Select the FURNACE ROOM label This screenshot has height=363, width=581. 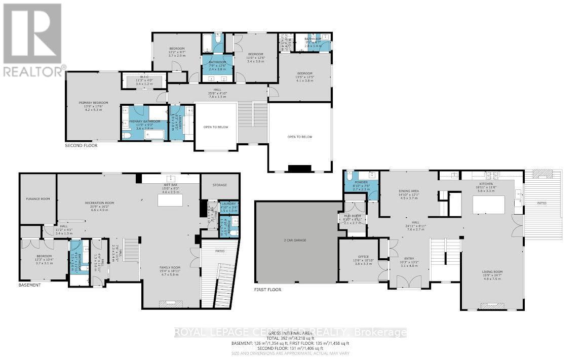click(x=38, y=199)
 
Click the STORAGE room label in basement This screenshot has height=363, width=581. click(x=220, y=185)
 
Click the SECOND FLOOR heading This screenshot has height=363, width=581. click(x=81, y=145)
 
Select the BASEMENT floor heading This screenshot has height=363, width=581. click(x=29, y=285)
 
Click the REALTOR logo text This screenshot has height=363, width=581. click(x=33, y=71)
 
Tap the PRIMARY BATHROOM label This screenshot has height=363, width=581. click(x=144, y=122)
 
